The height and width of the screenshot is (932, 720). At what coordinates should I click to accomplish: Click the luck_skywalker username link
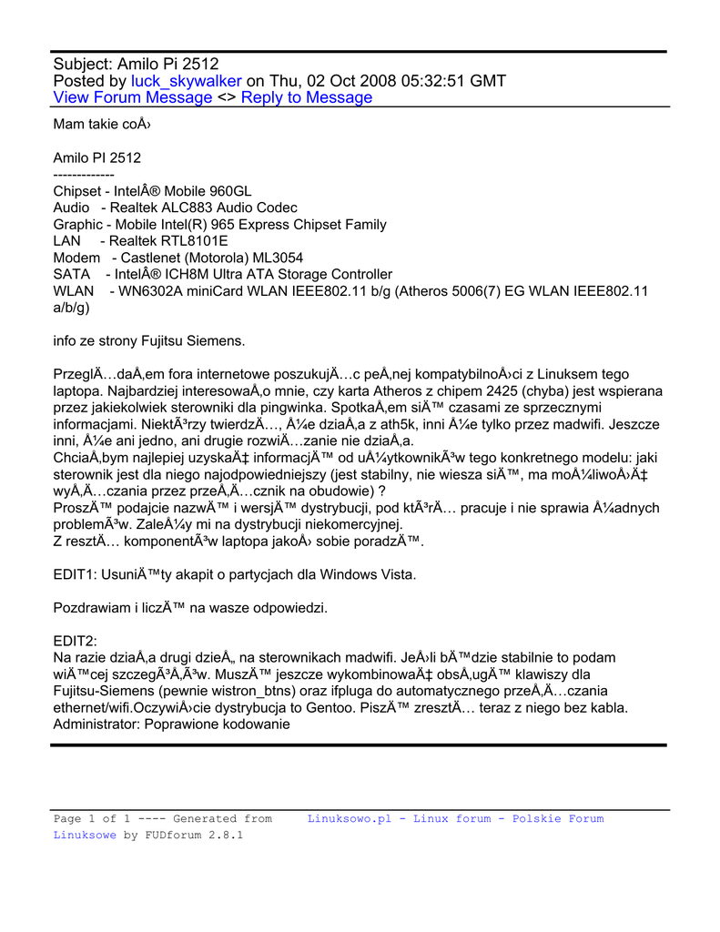click(186, 81)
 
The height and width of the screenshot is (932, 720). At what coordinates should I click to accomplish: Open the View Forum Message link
click(133, 98)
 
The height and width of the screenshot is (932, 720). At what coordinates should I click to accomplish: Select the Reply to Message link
click(307, 98)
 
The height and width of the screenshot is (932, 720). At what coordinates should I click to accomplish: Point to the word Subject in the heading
click(83, 64)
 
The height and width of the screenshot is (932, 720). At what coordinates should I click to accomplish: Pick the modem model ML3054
click(277, 258)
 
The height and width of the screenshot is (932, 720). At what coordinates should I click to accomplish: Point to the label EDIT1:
click(76, 574)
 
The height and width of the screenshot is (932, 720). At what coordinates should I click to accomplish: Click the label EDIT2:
click(76, 641)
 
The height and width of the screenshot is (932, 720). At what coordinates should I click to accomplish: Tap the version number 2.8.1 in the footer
click(226, 835)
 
